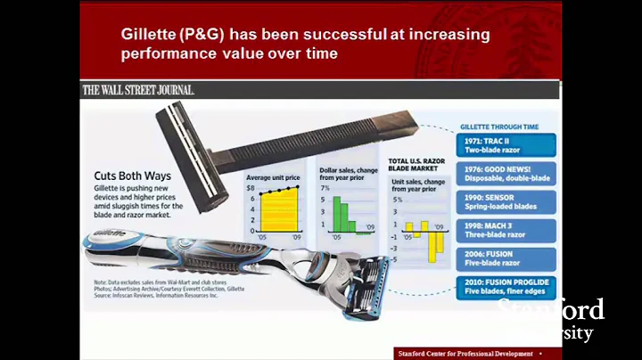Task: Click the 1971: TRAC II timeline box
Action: click(506, 146)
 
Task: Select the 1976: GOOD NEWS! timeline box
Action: click(506, 174)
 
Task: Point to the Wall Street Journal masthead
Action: click(138, 90)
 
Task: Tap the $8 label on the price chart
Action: click(251, 189)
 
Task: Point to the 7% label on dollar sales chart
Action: click(325, 189)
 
